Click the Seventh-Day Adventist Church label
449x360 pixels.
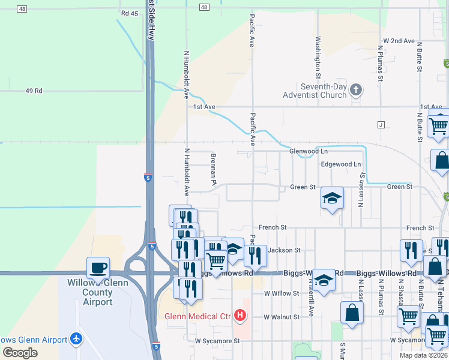pyautogui.click(x=315, y=91)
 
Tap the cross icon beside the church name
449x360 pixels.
pyautogui.click(x=356, y=91)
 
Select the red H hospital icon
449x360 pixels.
pyautogui.click(x=240, y=315)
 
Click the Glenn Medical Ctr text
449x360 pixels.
pyautogui.click(x=198, y=316)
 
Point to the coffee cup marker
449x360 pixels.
pyautogui.click(x=98, y=268)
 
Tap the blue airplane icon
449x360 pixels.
pyautogui.click(x=76, y=339)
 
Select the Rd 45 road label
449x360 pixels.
pyautogui.click(x=129, y=13)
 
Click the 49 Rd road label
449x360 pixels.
pyautogui.click(x=34, y=91)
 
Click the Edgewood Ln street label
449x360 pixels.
pyautogui.click(x=341, y=164)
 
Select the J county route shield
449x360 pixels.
pyautogui.click(x=381, y=125)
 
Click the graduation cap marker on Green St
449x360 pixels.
pyautogui.click(x=332, y=198)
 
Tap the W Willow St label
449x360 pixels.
pyautogui.click(x=282, y=293)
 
